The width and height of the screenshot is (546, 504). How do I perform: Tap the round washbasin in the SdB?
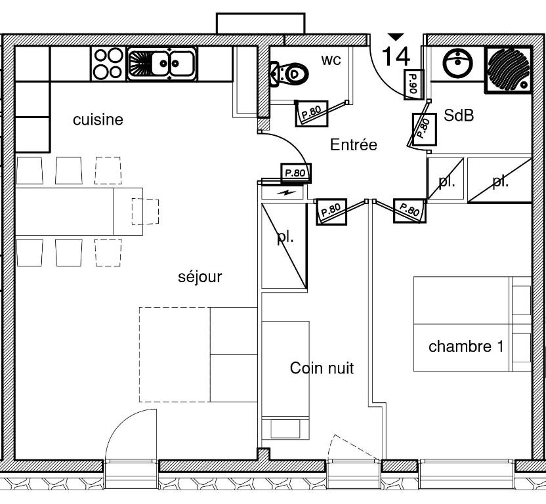click(457, 64)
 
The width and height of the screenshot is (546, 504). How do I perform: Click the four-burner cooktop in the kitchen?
click(108, 64)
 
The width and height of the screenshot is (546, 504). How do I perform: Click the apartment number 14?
click(396, 56)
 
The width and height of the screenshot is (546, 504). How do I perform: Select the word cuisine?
click(98, 120)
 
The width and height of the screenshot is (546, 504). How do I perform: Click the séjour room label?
click(200, 277)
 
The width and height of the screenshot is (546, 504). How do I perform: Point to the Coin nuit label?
click(322, 369)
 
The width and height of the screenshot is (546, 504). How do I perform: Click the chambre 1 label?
click(466, 346)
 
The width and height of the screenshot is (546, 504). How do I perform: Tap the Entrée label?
click(354, 145)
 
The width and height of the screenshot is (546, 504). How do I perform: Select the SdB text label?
click(459, 116)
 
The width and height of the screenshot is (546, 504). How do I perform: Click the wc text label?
click(331, 60)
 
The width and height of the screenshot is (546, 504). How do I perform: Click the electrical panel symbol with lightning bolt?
click(283, 192)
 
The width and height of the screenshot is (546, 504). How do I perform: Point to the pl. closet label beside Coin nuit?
click(284, 238)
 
